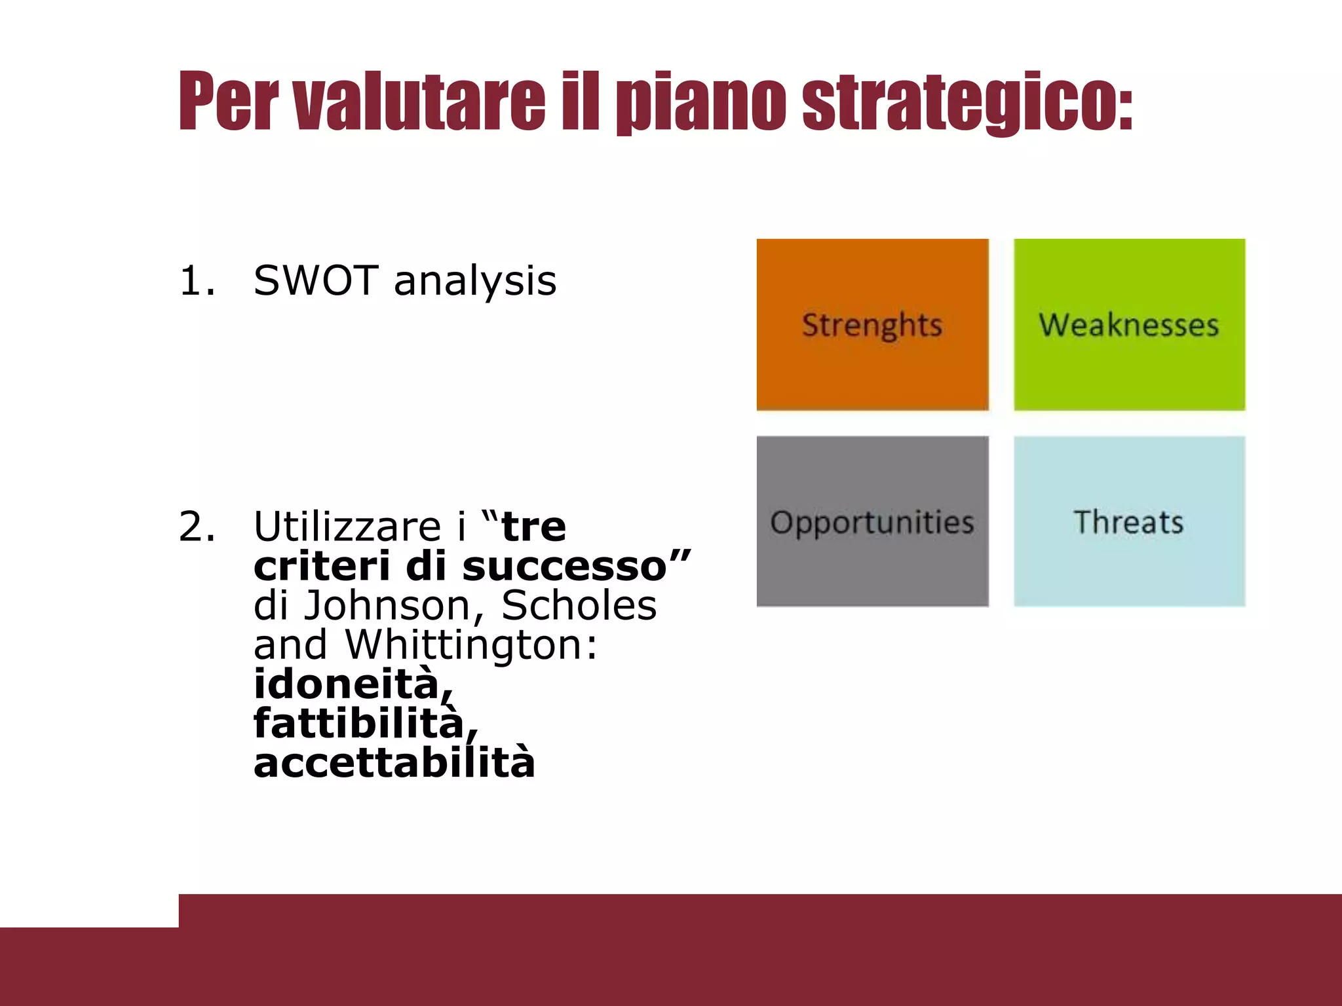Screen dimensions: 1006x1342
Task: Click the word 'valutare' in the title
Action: click(419, 102)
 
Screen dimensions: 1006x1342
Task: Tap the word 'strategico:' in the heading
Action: click(968, 102)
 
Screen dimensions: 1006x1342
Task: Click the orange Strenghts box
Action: click(872, 325)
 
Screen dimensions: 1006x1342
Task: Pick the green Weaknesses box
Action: click(1129, 325)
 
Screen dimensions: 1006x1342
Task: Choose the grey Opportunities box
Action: click(872, 521)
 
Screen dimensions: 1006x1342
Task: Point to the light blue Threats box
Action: click(1129, 521)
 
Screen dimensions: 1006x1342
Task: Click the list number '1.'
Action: click(197, 280)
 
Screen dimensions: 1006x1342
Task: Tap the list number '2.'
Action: click(197, 526)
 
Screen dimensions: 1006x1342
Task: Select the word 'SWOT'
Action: click(315, 280)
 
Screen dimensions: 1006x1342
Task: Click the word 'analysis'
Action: click(475, 282)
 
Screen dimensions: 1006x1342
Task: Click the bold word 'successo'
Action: click(565, 567)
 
